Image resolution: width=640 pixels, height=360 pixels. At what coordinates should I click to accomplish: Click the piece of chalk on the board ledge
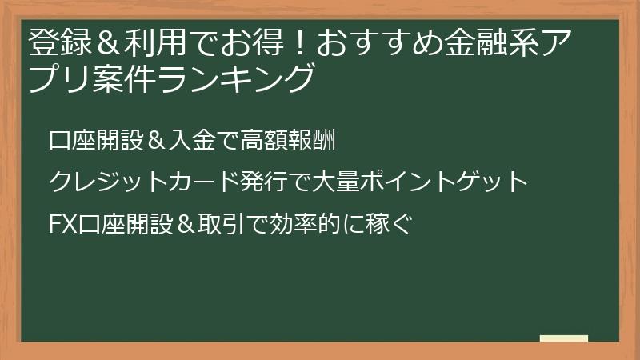coord(563,338)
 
